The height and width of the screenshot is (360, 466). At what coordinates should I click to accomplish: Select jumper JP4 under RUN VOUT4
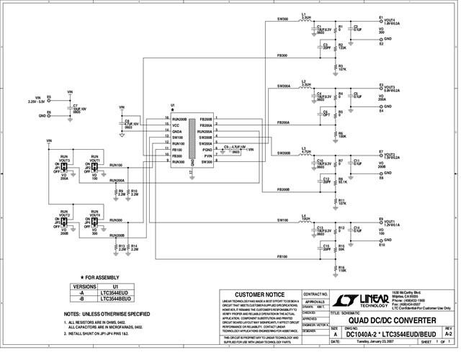tap(92, 227)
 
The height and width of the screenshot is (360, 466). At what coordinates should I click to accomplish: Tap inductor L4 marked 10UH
tap(305, 218)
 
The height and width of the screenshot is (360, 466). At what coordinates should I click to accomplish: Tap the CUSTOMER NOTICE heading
tap(259, 294)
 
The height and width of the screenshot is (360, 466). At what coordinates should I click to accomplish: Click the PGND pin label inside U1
tap(207, 150)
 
